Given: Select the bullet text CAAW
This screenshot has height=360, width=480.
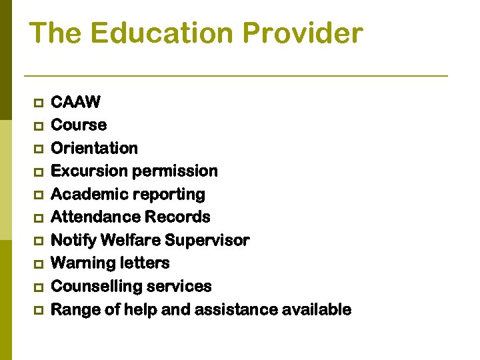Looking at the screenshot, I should tap(75, 102).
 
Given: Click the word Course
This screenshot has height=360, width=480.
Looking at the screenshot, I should tap(79, 125).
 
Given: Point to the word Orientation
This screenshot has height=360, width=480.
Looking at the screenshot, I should tap(94, 148).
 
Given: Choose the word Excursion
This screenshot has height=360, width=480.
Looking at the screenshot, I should tap(89, 171).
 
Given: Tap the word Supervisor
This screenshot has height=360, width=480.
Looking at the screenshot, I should tap(207, 240).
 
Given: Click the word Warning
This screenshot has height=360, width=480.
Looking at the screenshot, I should tap(79, 263).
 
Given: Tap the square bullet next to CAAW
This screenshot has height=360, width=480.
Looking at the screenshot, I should tap(37, 103).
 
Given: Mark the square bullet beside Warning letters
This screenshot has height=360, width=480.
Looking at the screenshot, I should tap(37, 264).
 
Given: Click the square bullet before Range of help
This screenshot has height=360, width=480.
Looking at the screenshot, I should tap(37, 310).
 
